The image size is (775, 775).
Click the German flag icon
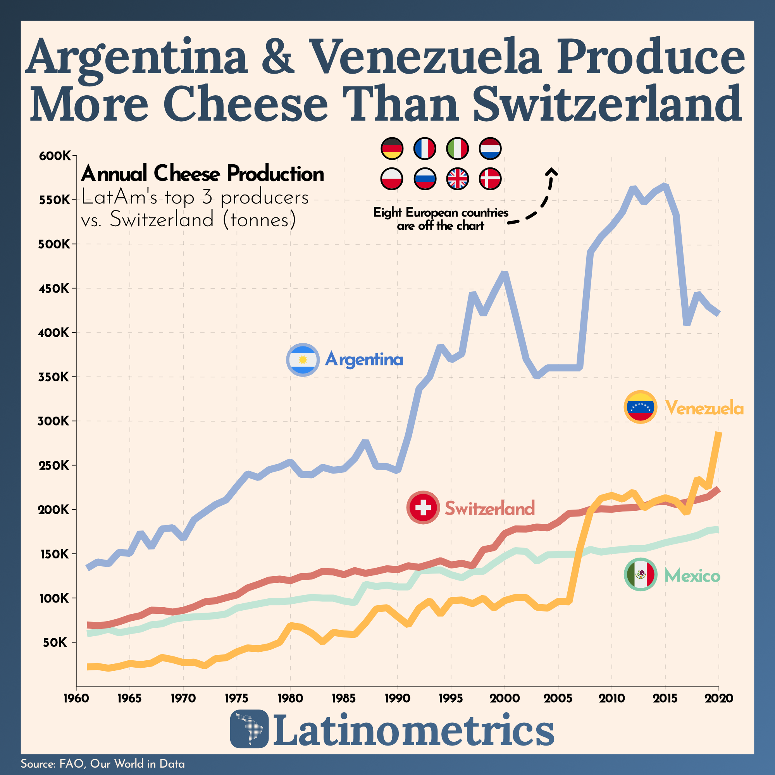point(391,148)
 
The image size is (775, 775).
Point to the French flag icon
point(424,148)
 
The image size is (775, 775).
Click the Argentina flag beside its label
point(303,360)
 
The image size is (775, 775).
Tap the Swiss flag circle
point(423,508)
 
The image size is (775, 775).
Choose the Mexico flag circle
point(641,575)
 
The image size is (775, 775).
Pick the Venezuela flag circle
point(641,407)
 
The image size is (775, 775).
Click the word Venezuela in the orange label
point(704,408)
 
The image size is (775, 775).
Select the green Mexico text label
point(692,576)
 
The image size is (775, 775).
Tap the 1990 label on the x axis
point(397,698)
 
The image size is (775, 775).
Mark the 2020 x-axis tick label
point(719,698)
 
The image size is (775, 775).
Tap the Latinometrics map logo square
point(249,729)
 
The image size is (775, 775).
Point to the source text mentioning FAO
point(103,763)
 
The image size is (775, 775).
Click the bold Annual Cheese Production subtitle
point(202,174)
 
